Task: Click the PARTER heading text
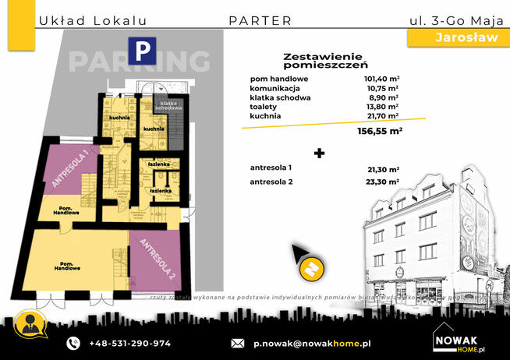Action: [260, 21]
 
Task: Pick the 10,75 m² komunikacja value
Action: [382, 88]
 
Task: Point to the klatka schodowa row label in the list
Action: [281, 97]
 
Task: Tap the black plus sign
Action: [318, 153]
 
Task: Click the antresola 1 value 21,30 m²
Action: [381, 169]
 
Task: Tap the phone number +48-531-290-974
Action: [130, 343]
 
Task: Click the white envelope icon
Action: [239, 343]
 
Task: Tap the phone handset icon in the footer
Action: [73, 343]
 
